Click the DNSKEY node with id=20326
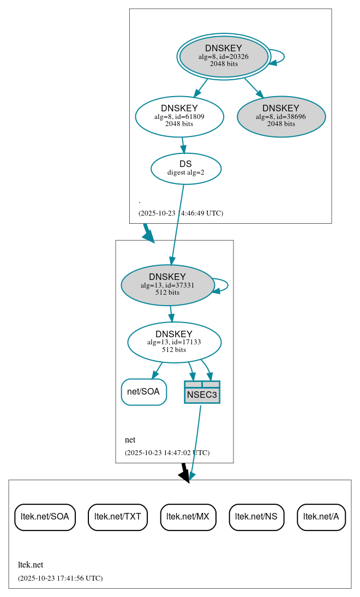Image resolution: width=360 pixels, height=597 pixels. tap(224, 56)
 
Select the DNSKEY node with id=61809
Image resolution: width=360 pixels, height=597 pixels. tap(179, 116)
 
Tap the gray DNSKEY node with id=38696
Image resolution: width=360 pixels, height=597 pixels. tap(281, 116)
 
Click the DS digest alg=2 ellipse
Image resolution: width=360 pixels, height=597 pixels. tap(185, 169)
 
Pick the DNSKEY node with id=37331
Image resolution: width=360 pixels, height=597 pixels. tap(167, 285)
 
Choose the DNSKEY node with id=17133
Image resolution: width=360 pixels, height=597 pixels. tap(174, 342)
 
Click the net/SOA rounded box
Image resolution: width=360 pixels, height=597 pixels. tap(143, 392)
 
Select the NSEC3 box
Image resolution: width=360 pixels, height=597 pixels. tap(202, 392)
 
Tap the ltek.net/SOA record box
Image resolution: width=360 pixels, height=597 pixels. tap(45, 517)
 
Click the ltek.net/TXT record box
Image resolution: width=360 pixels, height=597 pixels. tap(118, 517)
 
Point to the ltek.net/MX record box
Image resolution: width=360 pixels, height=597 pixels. tap(188, 517)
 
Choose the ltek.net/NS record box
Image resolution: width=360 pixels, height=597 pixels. tap(256, 517)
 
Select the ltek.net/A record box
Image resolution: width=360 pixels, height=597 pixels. tap(321, 517)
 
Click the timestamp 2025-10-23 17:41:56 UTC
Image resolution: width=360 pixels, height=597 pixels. tap(60, 578)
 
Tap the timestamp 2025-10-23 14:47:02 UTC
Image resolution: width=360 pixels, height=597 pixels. tap(167, 452)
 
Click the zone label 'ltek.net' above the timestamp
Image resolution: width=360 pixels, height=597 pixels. tap(31, 565)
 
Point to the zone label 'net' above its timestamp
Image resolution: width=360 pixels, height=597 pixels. tap(130, 440)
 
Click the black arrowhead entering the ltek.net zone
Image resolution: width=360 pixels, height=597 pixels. tap(185, 476)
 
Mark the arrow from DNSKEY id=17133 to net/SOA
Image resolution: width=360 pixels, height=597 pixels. tap(157, 370)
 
